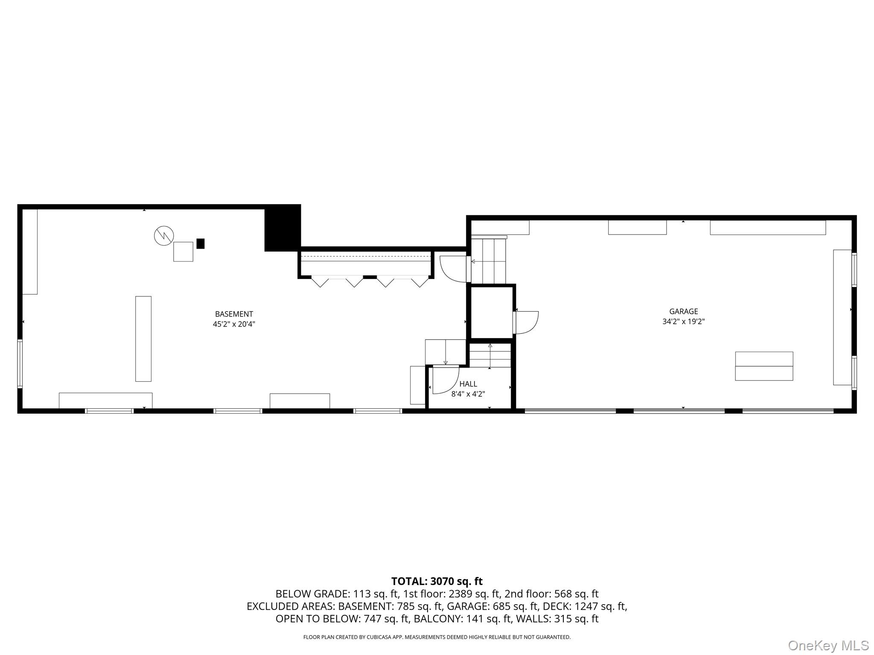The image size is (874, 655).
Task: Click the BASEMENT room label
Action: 234,314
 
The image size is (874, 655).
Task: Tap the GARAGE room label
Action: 683,311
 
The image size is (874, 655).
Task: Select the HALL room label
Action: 468,384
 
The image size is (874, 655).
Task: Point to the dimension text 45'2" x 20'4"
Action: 234,324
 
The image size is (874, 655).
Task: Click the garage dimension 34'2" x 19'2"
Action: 683,322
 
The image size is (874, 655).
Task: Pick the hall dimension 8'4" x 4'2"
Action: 468,394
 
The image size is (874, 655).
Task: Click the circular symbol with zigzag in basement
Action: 164,235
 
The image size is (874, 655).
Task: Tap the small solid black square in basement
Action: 200,243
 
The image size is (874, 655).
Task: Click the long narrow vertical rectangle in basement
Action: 143,339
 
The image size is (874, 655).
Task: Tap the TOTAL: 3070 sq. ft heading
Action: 437,581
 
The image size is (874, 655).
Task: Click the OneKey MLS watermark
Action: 828,645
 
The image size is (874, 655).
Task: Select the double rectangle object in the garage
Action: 764,366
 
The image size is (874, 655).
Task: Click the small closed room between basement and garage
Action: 492,312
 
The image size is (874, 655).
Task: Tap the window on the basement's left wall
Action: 20,363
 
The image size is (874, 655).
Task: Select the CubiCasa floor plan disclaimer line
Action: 437,637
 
